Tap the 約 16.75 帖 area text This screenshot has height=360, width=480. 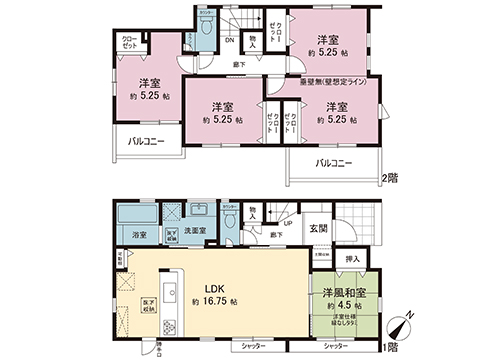(214, 300)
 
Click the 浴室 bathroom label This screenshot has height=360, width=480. (139, 234)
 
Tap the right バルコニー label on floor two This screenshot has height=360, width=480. (333, 162)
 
